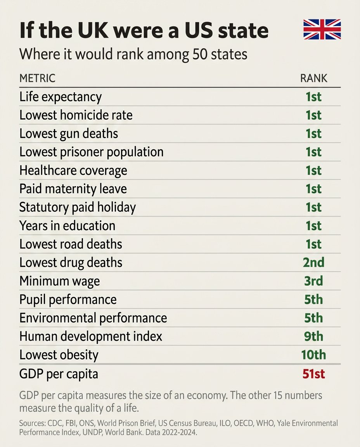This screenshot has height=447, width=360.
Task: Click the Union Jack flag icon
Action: (x=322, y=29)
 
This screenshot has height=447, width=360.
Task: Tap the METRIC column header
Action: (x=37, y=78)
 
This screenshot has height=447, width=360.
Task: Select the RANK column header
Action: (x=313, y=78)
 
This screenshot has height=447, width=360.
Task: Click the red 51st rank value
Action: (x=313, y=374)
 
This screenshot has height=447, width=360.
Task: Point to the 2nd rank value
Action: (x=313, y=262)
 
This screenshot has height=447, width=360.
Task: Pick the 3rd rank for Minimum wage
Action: (x=313, y=281)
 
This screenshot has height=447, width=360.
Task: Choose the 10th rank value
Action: (x=313, y=355)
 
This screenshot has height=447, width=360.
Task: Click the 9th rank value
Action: (x=313, y=336)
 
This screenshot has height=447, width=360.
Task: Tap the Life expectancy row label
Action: (x=61, y=97)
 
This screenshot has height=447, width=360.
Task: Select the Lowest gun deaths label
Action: (x=69, y=133)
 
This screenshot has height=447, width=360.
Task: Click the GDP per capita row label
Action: (x=59, y=374)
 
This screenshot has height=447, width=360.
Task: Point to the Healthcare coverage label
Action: (x=73, y=170)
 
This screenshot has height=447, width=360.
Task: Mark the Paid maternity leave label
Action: (x=73, y=189)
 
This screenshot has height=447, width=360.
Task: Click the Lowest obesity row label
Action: (x=59, y=355)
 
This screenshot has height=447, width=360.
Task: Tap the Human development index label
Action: (x=91, y=336)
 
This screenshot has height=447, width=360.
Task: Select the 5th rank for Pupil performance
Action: (x=313, y=299)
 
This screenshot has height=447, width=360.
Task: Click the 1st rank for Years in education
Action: (x=313, y=225)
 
